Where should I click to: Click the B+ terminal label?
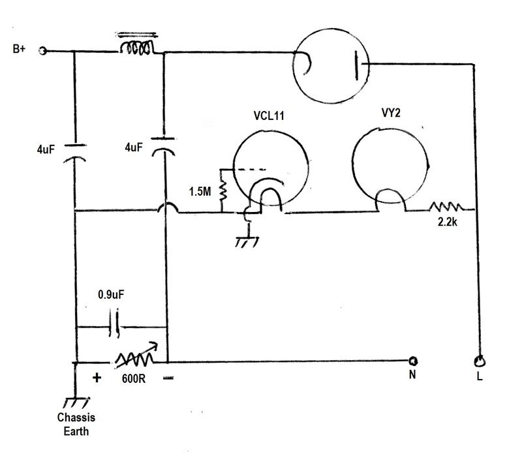click(x=19, y=48)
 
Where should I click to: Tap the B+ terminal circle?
click(x=42, y=51)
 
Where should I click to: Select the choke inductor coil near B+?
click(x=137, y=48)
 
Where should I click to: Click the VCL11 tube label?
click(x=269, y=115)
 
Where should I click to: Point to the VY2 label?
click(x=391, y=113)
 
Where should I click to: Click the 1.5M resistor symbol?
click(x=223, y=190)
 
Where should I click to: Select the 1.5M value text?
click(x=200, y=191)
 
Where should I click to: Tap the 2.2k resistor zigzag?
click(x=446, y=207)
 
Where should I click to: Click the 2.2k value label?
click(x=448, y=222)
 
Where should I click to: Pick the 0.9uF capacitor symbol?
click(x=114, y=324)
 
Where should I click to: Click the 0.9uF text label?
click(x=111, y=295)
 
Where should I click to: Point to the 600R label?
click(x=134, y=379)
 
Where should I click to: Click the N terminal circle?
click(x=413, y=361)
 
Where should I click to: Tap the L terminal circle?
click(x=480, y=361)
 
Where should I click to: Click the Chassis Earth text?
click(x=76, y=424)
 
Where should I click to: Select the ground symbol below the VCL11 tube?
click(x=247, y=242)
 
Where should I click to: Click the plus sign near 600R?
click(x=97, y=378)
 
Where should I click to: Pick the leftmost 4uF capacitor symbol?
click(x=74, y=153)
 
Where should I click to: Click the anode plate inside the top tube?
click(x=356, y=65)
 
